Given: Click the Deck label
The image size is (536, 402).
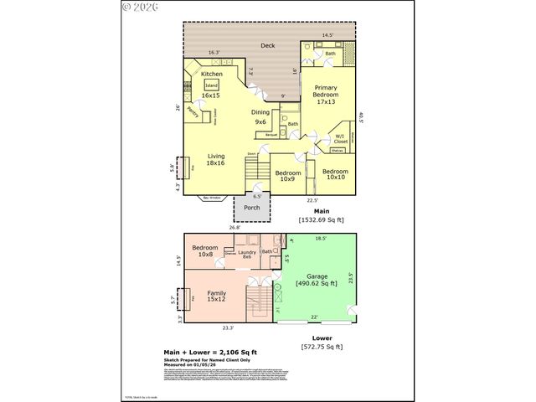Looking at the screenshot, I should coord(268,45).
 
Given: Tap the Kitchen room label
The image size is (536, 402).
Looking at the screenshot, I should coord(211,75).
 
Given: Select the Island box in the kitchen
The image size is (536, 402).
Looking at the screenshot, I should coord(211,85).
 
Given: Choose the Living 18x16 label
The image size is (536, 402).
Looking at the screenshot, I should coord(217,159).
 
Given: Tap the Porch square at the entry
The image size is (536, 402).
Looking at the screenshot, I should coord(251,208).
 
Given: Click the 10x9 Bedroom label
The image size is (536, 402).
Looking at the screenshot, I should coord(287,176).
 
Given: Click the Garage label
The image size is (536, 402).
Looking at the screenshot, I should coord(317,279).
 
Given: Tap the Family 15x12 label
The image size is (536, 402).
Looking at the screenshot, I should coord(218,296).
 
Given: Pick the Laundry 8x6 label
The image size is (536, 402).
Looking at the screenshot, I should coord(247,254).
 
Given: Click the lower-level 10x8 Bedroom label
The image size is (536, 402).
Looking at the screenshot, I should coord(204,251).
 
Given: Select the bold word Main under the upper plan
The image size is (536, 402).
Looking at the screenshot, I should coord(322,211).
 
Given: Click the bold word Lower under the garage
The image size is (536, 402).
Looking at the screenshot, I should coord(322,338).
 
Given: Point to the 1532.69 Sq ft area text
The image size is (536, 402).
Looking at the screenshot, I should coord(322,219).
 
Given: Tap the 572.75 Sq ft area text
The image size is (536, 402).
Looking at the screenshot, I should coord(322,347).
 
